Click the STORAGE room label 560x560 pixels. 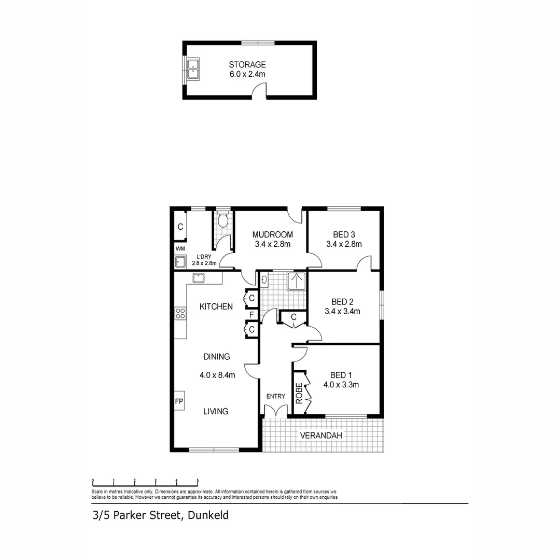click(x=247, y=65)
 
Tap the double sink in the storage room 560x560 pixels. click(x=193, y=69)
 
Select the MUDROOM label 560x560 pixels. click(x=272, y=234)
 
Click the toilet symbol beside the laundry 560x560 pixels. click(x=223, y=220)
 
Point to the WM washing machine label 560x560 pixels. click(x=180, y=249)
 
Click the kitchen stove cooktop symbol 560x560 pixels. click(x=180, y=313)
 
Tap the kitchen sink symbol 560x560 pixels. click(x=199, y=278)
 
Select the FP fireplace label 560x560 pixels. click(x=179, y=401)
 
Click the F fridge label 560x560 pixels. click(x=251, y=315)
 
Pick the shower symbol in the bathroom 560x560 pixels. click(x=297, y=281)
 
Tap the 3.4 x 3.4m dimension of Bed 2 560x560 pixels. click(x=342, y=312)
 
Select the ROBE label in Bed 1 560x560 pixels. click(x=299, y=393)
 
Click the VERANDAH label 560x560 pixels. click(x=321, y=436)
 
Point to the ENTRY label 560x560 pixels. click(x=275, y=396)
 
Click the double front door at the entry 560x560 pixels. click(x=275, y=412)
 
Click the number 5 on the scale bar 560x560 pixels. click(x=198, y=481)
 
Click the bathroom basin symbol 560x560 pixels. click(x=264, y=281)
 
